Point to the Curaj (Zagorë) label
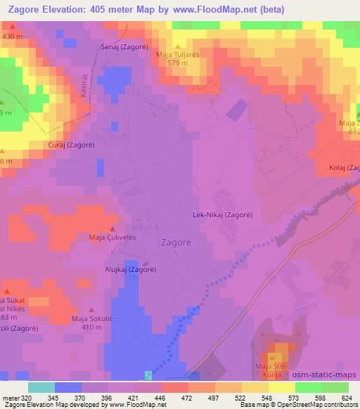[72, 145]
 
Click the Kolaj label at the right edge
[344, 167]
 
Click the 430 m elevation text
[13, 35]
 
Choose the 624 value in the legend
[347, 397]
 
